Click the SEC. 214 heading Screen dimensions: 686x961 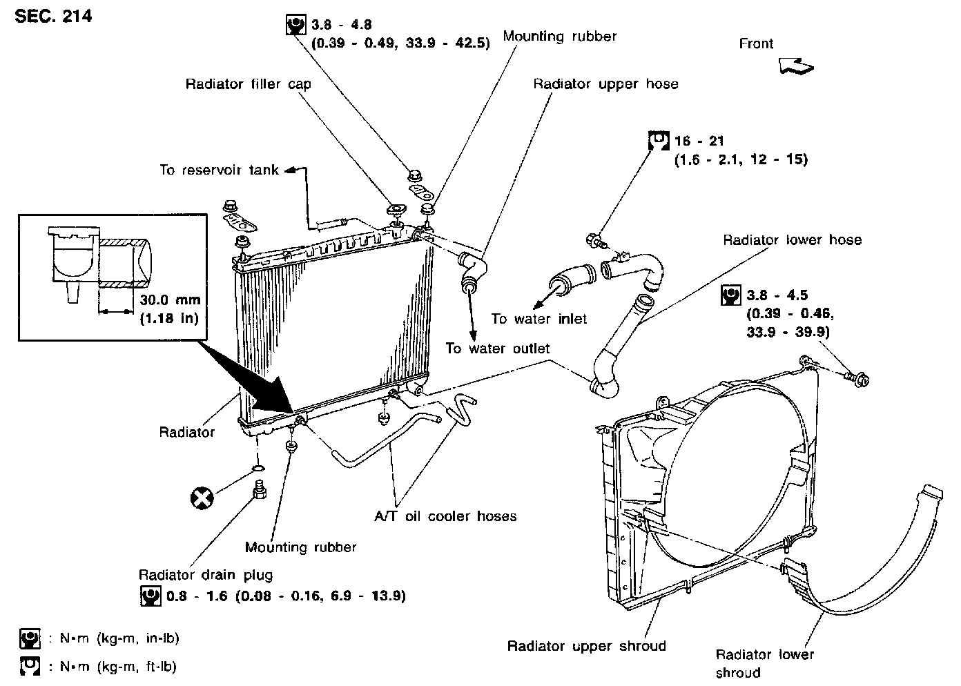click(x=53, y=15)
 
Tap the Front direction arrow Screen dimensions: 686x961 click(x=795, y=66)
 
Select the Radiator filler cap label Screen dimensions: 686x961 click(x=248, y=84)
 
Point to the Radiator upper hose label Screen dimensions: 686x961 click(x=605, y=84)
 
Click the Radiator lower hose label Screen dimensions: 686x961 click(x=792, y=240)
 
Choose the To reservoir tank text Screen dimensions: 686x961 click(x=219, y=170)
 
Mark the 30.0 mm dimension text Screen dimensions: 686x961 click(x=170, y=300)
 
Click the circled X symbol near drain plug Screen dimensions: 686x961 click(x=202, y=497)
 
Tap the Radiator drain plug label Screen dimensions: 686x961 click(x=206, y=575)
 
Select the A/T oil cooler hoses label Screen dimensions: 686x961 click(x=445, y=516)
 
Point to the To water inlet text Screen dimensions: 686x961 click(x=539, y=319)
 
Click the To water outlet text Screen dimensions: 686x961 click(x=497, y=349)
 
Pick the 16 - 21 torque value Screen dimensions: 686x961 click(x=699, y=141)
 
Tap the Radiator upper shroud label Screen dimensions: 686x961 click(x=586, y=646)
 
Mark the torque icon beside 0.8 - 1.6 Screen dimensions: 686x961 click(x=150, y=596)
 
